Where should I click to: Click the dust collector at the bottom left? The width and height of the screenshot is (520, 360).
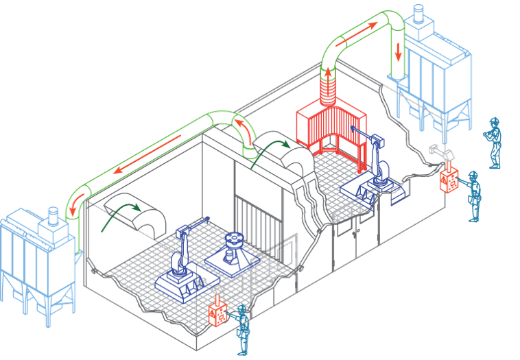(34, 267)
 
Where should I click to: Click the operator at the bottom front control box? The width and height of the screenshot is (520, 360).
(242, 329)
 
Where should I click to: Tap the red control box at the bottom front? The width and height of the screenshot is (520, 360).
(218, 313)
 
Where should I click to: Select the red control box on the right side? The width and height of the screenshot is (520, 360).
(451, 177)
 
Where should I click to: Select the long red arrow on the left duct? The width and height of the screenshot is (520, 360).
(147, 157)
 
